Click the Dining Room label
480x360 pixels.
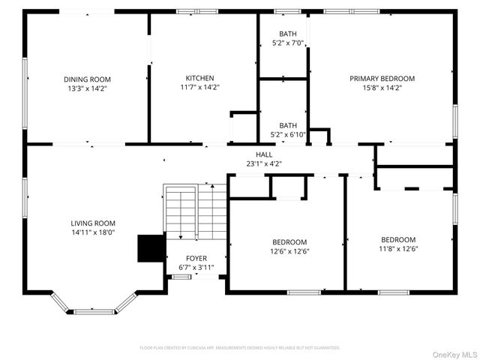click(87, 79)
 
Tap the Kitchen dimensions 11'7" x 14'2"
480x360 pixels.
click(200, 87)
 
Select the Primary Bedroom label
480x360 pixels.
click(382, 78)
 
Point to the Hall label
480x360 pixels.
click(264, 154)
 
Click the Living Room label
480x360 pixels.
click(93, 223)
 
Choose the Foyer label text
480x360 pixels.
click(196, 258)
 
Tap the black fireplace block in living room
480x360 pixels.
click(151, 248)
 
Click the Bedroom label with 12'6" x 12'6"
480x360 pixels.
click(289, 241)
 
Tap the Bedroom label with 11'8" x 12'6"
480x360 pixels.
click(398, 240)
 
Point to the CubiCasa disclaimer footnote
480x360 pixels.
click(240, 348)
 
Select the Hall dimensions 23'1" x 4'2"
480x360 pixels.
click(264, 163)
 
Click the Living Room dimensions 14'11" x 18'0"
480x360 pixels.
click(93, 232)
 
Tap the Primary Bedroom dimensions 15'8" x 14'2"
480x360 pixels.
click(382, 87)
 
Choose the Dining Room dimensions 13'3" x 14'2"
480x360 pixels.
click(87, 88)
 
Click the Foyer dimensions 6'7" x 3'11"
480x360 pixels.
click(196, 267)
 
